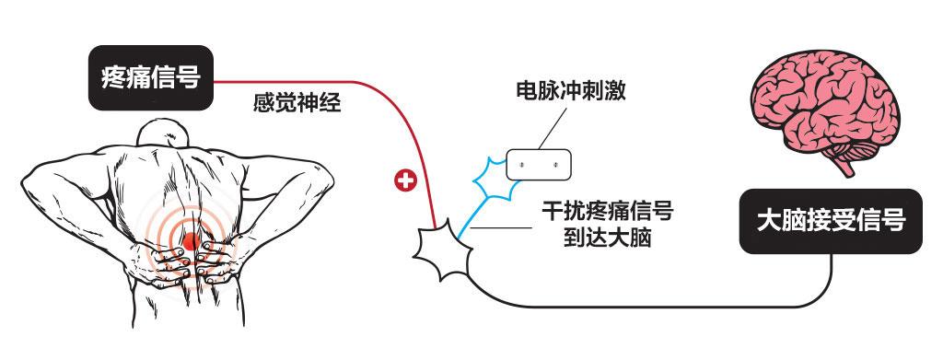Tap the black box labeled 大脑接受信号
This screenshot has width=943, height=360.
tap(831, 221)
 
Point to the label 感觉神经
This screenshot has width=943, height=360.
tap(297, 103)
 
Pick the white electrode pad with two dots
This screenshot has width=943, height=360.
tap(539, 164)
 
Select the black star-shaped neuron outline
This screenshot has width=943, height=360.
tap(442, 249)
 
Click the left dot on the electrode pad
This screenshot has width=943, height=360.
tap(521, 164)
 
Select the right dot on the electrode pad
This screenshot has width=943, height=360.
tap(556, 164)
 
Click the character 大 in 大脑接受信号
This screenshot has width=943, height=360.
tap(769, 222)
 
